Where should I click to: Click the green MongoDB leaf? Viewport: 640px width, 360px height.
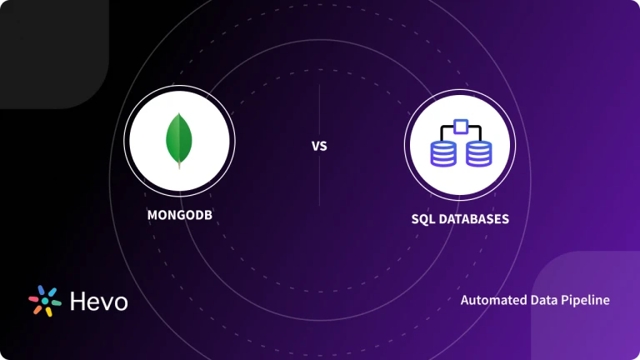(177, 140)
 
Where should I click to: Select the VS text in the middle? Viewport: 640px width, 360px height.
(319, 147)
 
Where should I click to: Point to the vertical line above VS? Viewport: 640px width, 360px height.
(319, 108)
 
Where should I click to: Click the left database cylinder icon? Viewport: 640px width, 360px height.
(442, 152)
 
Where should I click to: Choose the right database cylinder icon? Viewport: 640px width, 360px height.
(477, 152)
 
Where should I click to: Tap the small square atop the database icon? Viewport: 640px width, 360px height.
(459, 126)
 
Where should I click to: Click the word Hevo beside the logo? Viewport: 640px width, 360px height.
(98, 301)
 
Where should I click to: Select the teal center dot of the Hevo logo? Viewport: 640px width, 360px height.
(46, 301)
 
